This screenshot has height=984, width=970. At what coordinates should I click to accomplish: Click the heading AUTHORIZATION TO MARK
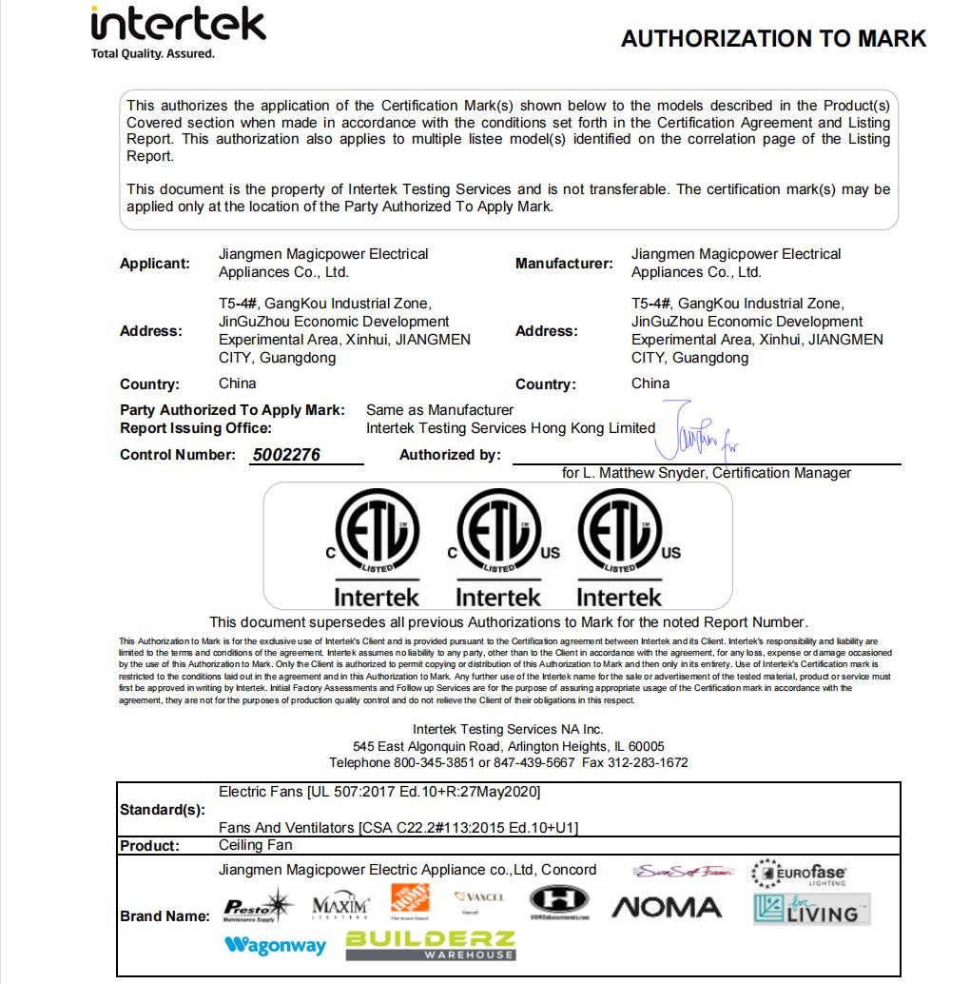(773, 38)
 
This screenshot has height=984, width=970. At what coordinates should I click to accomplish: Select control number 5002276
(286, 455)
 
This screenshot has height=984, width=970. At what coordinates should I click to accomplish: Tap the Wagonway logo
(275, 945)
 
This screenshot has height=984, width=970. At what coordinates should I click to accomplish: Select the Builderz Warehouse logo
(431, 945)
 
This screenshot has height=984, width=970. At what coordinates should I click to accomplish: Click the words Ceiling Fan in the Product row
(255, 845)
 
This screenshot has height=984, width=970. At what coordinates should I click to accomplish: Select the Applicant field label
(154, 264)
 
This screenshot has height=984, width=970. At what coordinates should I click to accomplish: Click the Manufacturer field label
(564, 264)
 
